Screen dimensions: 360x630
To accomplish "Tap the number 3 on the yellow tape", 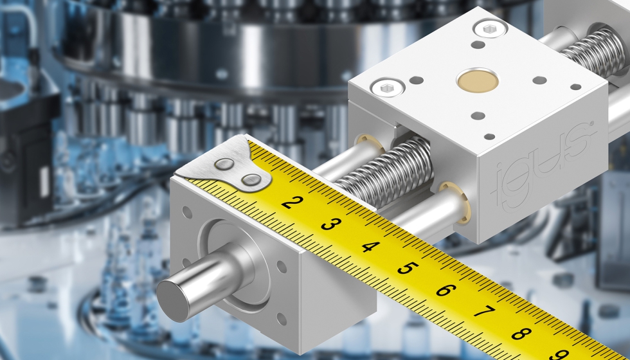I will coord(329,224).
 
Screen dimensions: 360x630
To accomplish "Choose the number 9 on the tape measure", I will coord(558,353).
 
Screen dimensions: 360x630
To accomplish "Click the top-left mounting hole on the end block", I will coord(187,212).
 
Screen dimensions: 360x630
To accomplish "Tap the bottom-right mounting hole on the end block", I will coord(281,318).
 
